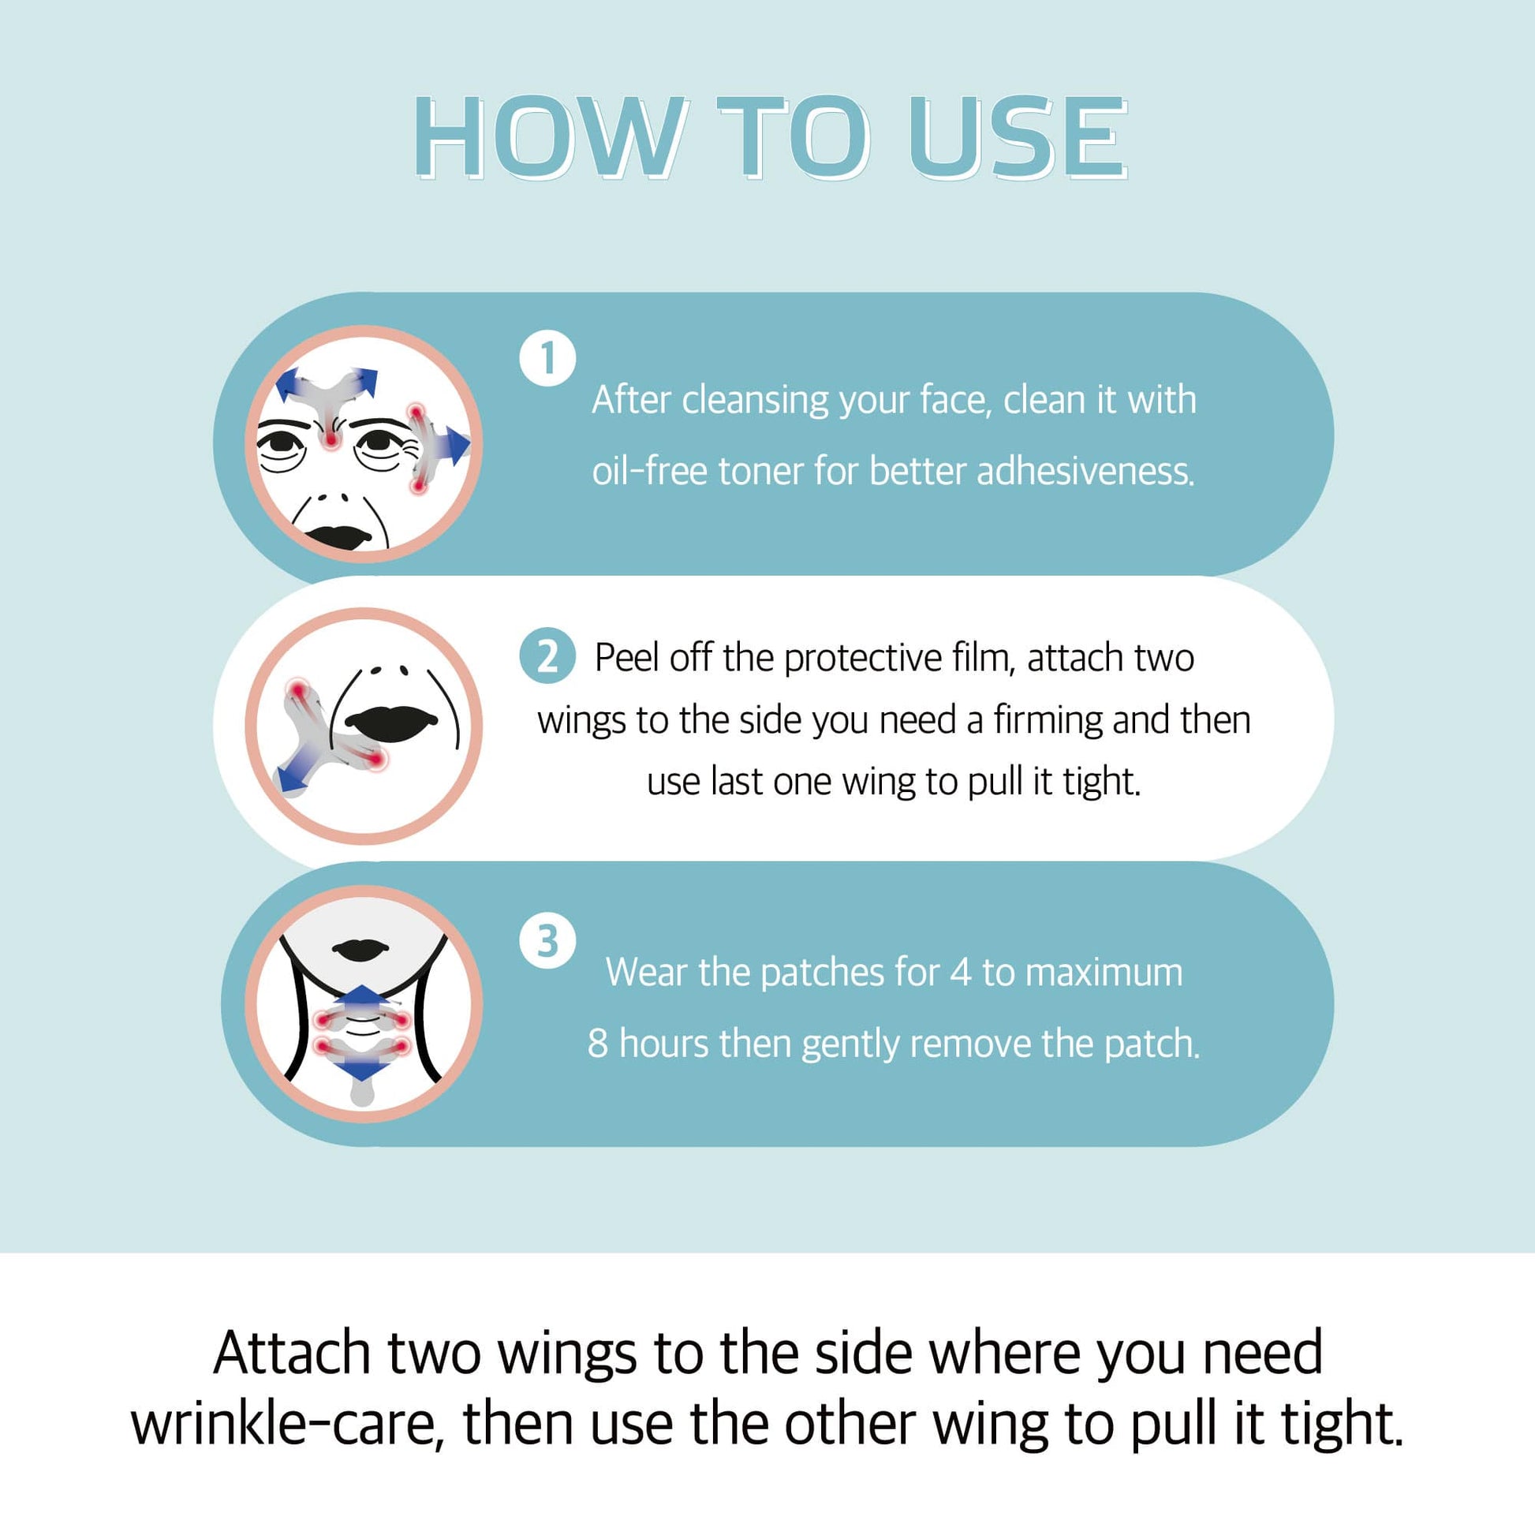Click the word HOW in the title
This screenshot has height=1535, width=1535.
pos(549,137)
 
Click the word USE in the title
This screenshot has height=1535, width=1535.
pos(1018,137)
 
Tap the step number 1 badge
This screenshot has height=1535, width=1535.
pos(547,358)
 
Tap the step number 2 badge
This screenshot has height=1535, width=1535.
pos(547,656)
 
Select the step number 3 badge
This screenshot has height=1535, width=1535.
pos(547,942)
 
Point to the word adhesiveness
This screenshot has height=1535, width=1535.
pos(1085,471)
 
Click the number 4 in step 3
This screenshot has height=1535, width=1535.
pos(962,973)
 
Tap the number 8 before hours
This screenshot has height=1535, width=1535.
pos(597,1044)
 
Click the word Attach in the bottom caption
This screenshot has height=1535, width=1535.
pos(292,1353)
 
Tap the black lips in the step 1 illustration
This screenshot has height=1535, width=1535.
pos(339,537)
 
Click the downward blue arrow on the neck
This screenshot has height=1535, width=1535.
pos(361,1068)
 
